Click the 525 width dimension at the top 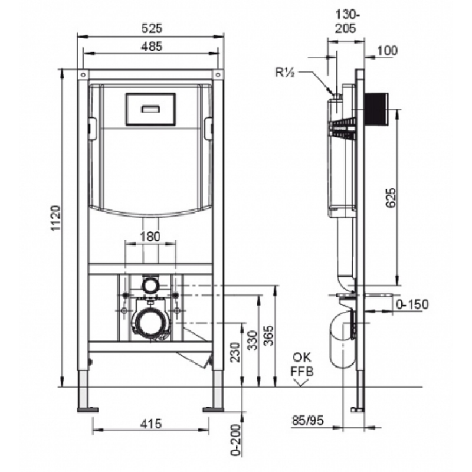[x=152, y=28]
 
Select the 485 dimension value [x=152, y=47]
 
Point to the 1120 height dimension [x=56, y=218]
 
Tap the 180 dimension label [x=150, y=237]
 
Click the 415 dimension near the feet [x=151, y=424]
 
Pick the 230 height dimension [x=235, y=352]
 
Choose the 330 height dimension [x=253, y=340]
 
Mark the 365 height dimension [x=268, y=335]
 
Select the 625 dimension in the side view [x=391, y=197]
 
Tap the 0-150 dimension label [x=412, y=304]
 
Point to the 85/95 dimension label [x=307, y=420]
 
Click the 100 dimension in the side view [x=387, y=51]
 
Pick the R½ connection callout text [x=284, y=73]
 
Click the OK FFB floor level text [x=302, y=364]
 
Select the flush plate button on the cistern [x=150, y=109]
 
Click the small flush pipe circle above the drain [x=150, y=285]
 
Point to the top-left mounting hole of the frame [x=83, y=74]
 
